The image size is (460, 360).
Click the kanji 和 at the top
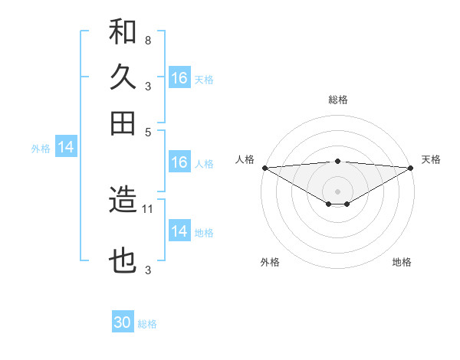click(x=123, y=32)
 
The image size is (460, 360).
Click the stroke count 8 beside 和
click(x=147, y=40)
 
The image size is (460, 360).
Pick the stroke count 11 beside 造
click(x=149, y=208)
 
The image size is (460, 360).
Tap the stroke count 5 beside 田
click(x=147, y=131)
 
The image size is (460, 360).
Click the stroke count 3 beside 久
click(x=147, y=86)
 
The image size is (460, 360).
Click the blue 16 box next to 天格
click(x=179, y=78)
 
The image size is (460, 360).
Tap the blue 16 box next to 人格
click(x=179, y=162)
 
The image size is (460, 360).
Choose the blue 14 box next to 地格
click(x=179, y=231)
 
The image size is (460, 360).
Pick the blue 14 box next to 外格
click(x=66, y=148)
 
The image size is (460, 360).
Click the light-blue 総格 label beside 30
click(x=147, y=324)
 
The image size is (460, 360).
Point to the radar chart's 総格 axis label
click(x=338, y=100)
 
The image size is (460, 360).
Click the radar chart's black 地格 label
click(x=402, y=262)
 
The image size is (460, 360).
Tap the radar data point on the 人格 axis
click(x=264, y=168)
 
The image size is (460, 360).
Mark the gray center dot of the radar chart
click(x=338, y=191)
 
